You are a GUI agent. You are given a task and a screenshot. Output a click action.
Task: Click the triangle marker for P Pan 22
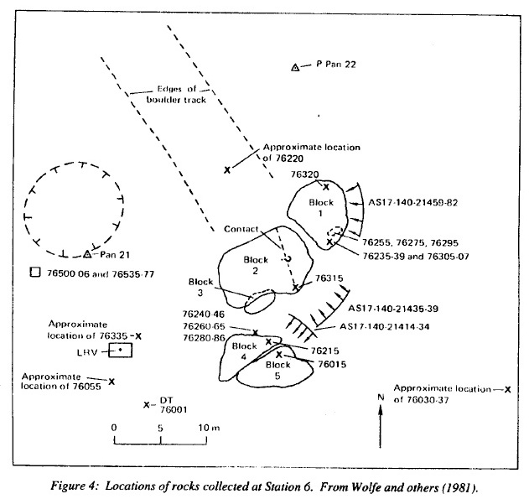[x=295, y=67]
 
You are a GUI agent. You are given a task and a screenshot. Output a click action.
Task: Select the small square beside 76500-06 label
[x=34, y=273]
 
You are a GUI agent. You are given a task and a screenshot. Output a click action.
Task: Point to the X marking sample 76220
[x=228, y=170]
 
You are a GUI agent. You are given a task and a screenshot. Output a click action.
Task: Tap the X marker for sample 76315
[x=295, y=288]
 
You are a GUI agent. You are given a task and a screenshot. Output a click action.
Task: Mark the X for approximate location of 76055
[x=112, y=382]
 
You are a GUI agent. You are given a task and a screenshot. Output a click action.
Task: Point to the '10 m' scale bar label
[x=208, y=428]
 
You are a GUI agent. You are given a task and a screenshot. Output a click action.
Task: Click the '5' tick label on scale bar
[x=160, y=428]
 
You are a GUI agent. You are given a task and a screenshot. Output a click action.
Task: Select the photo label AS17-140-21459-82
[x=412, y=203]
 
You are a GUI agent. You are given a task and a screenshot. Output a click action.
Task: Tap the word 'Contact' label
[x=241, y=229]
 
